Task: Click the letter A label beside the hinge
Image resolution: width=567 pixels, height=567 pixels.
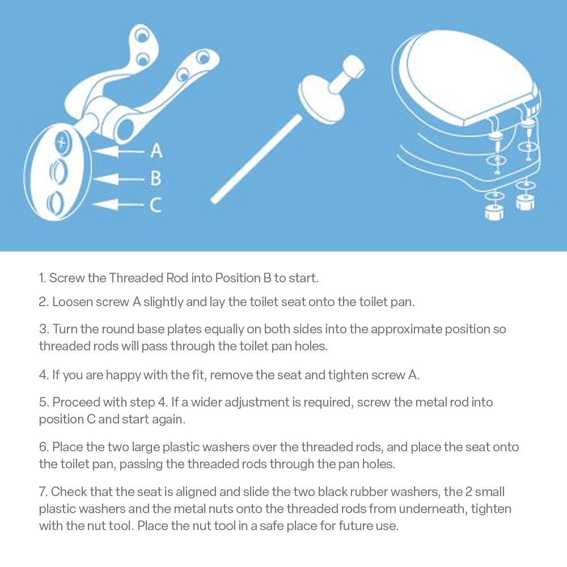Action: pyautogui.click(x=156, y=151)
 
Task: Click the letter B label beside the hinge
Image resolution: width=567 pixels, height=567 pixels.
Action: pyautogui.click(x=156, y=178)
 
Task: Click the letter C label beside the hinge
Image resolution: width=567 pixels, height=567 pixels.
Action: pyautogui.click(x=155, y=205)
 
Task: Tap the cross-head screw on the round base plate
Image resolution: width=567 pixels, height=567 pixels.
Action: pyautogui.click(x=64, y=142)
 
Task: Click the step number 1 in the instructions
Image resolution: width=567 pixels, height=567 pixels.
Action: pyautogui.click(x=43, y=278)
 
